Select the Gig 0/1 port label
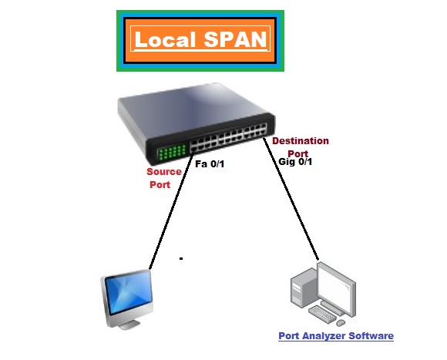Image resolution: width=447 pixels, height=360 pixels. click(294, 163)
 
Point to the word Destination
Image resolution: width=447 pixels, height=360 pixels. click(300, 141)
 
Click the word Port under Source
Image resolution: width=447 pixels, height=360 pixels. click(160, 185)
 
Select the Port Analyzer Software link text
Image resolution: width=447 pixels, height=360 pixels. click(335, 336)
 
